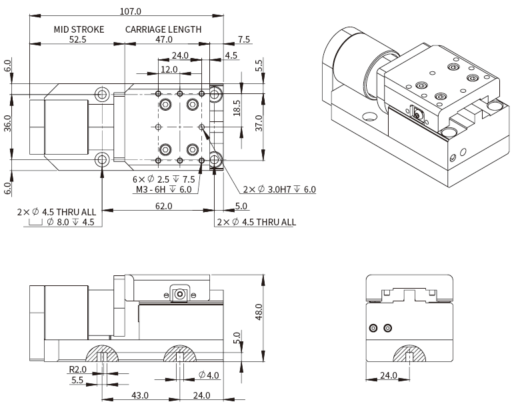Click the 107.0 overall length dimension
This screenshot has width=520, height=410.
130,11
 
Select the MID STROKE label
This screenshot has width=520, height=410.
79,29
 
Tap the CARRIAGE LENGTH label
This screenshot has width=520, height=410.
163,29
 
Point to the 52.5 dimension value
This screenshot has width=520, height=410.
77,39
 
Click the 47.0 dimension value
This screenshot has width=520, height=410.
163,39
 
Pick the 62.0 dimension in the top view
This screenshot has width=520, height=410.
163,206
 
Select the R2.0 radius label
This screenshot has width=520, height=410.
78,369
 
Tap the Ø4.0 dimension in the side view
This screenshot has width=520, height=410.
209,375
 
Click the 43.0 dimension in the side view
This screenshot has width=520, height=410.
139,395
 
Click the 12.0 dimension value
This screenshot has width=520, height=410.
169,69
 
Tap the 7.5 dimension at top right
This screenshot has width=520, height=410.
243,39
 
